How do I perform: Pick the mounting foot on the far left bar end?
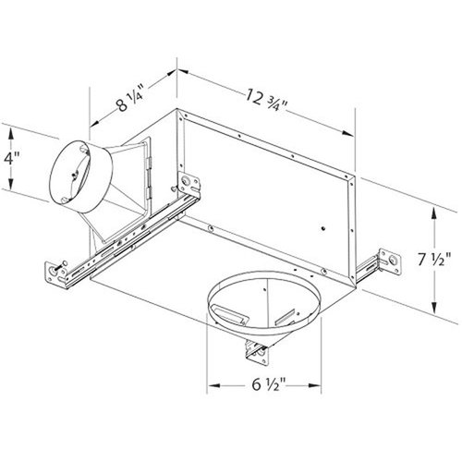[x=55, y=274]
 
